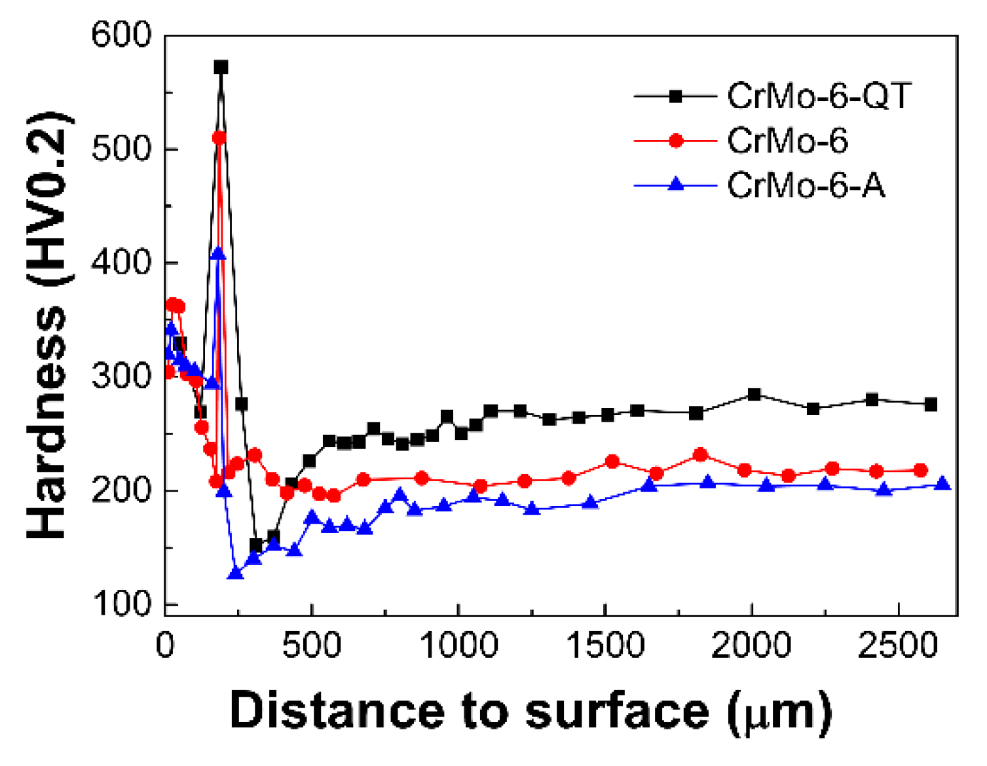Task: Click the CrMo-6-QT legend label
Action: pyautogui.click(x=819, y=96)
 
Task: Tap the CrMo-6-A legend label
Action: pyautogui.click(x=806, y=186)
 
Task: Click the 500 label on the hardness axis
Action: pyautogui.click(x=122, y=149)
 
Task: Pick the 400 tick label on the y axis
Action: pyautogui.click(x=122, y=263)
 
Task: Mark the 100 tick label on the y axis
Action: pyautogui.click(x=122, y=604)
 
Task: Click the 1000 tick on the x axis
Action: pyautogui.click(x=458, y=645)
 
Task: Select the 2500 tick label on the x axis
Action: pyautogui.click(x=898, y=645)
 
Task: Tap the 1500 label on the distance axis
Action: pyautogui.click(x=605, y=645)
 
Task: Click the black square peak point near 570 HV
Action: pyautogui.click(x=221, y=67)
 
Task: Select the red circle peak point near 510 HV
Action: pyautogui.click(x=219, y=137)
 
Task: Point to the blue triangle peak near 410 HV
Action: pyautogui.click(x=218, y=253)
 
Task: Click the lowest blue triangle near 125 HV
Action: pyautogui.click(x=236, y=574)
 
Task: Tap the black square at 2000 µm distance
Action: pyautogui.click(x=754, y=394)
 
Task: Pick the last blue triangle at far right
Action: pyautogui.click(x=942, y=484)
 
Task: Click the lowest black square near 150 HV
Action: pyautogui.click(x=256, y=545)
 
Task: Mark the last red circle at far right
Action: pyautogui.click(x=920, y=470)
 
